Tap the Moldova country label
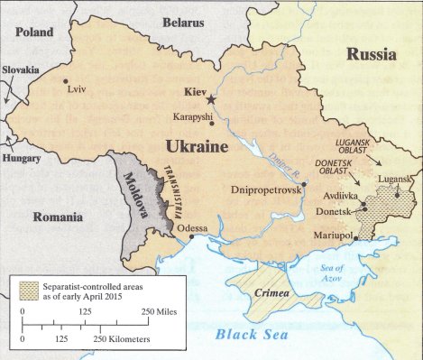point(139,189)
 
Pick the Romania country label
point(58,217)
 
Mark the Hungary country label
point(19,157)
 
